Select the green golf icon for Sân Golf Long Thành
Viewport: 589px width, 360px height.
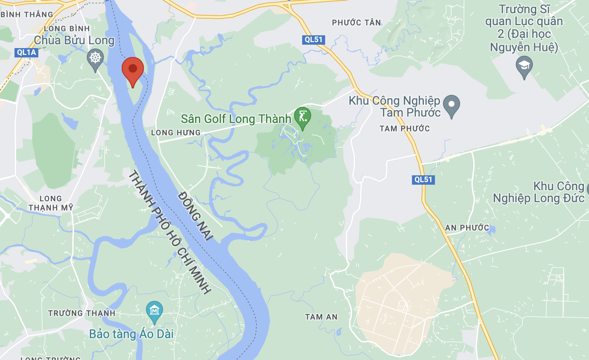coord(303,116)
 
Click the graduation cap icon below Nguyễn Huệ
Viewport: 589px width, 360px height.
coord(524,66)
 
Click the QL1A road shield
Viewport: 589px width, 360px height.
coord(26,52)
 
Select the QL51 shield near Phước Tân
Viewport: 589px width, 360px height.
coord(314,40)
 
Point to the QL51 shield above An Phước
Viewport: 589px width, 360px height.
coord(423,180)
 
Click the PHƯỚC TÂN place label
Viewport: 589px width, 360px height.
coord(356,23)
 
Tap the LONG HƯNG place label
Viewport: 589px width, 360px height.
coord(176,133)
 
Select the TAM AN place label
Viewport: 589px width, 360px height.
coord(321,317)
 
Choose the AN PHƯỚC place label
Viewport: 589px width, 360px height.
coord(467,228)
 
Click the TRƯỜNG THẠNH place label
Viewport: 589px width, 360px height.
coord(82,313)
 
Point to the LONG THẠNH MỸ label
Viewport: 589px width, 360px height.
coord(51,203)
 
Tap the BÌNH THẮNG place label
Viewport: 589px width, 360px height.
coord(27,14)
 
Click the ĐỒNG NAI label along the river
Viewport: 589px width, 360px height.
coord(195,217)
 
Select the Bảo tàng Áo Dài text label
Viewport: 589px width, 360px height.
coord(132,334)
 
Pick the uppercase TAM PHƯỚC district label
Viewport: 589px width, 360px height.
coord(404,129)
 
